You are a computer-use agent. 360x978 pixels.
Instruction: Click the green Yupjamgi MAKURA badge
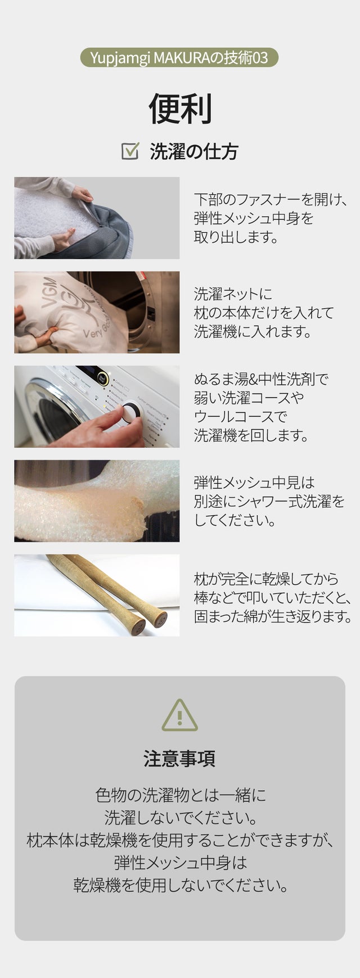[x=179, y=57]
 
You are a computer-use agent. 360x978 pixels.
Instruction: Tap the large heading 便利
[x=180, y=109]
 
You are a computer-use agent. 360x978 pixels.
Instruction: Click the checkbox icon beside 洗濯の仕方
[x=130, y=151]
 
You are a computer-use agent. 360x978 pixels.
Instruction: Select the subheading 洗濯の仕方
[x=194, y=151]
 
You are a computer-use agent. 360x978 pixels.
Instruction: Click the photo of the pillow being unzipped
[x=97, y=218]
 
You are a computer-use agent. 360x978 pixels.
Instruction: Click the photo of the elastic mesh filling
[x=97, y=501]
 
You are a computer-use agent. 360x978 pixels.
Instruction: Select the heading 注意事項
[x=179, y=759]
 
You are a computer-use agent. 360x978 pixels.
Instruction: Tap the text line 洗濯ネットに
[x=233, y=294]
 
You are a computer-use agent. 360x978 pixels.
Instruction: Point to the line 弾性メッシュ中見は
[x=254, y=483]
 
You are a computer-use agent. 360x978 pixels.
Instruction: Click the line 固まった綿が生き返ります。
[x=273, y=616]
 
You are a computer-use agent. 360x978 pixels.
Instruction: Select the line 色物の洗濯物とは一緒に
[x=180, y=795]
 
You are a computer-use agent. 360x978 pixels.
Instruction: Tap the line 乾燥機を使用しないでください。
[x=181, y=886]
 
